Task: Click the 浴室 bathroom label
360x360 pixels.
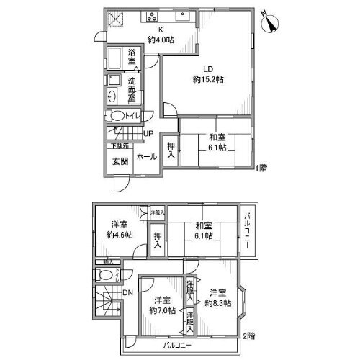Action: pyautogui.click(x=132, y=58)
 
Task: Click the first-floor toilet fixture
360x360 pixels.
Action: pyautogui.click(x=117, y=116)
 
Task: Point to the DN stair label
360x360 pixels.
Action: pyautogui.click(x=128, y=293)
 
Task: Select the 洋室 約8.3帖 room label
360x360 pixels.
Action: pyautogui.click(x=217, y=298)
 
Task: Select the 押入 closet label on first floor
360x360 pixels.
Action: pyautogui.click(x=171, y=150)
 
